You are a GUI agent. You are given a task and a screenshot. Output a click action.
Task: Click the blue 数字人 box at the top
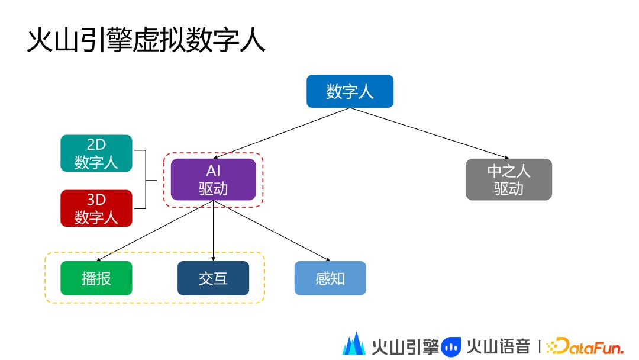tap(350, 91)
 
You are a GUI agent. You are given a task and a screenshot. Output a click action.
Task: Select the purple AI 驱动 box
tap(213, 179)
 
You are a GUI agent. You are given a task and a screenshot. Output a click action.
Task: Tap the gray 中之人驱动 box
tap(508, 179)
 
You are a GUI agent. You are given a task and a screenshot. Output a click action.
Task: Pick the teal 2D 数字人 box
tap(96, 153)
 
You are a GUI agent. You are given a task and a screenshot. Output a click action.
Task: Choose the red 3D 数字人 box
tap(96, 208)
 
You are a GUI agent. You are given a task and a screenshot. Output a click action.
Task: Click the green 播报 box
tap(96, 278)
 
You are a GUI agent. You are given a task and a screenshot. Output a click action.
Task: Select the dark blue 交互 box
tap(213, 278)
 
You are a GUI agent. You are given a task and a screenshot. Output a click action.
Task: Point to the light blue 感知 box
tap(330, 278)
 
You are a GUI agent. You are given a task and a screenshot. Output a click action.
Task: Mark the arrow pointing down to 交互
tap(213, 231)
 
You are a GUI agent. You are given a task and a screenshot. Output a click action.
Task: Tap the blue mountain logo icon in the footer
tap(354, 345)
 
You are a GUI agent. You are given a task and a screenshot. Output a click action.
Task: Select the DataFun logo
tap(585, 346)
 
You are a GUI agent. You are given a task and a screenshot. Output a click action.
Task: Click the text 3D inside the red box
tap(96, 200)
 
